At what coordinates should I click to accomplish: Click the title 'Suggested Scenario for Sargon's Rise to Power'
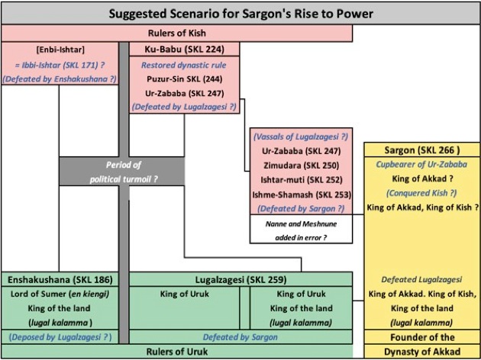(240, 14)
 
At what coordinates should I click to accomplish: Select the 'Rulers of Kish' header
(176, 34)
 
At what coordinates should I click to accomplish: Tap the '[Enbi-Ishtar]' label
(59, 50)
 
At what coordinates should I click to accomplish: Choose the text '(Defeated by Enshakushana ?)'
(59, 78)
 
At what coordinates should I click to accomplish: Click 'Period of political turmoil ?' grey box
(122, 171)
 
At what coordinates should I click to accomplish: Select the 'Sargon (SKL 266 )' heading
(421, 150)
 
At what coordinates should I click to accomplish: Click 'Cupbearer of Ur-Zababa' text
(421, 165)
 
